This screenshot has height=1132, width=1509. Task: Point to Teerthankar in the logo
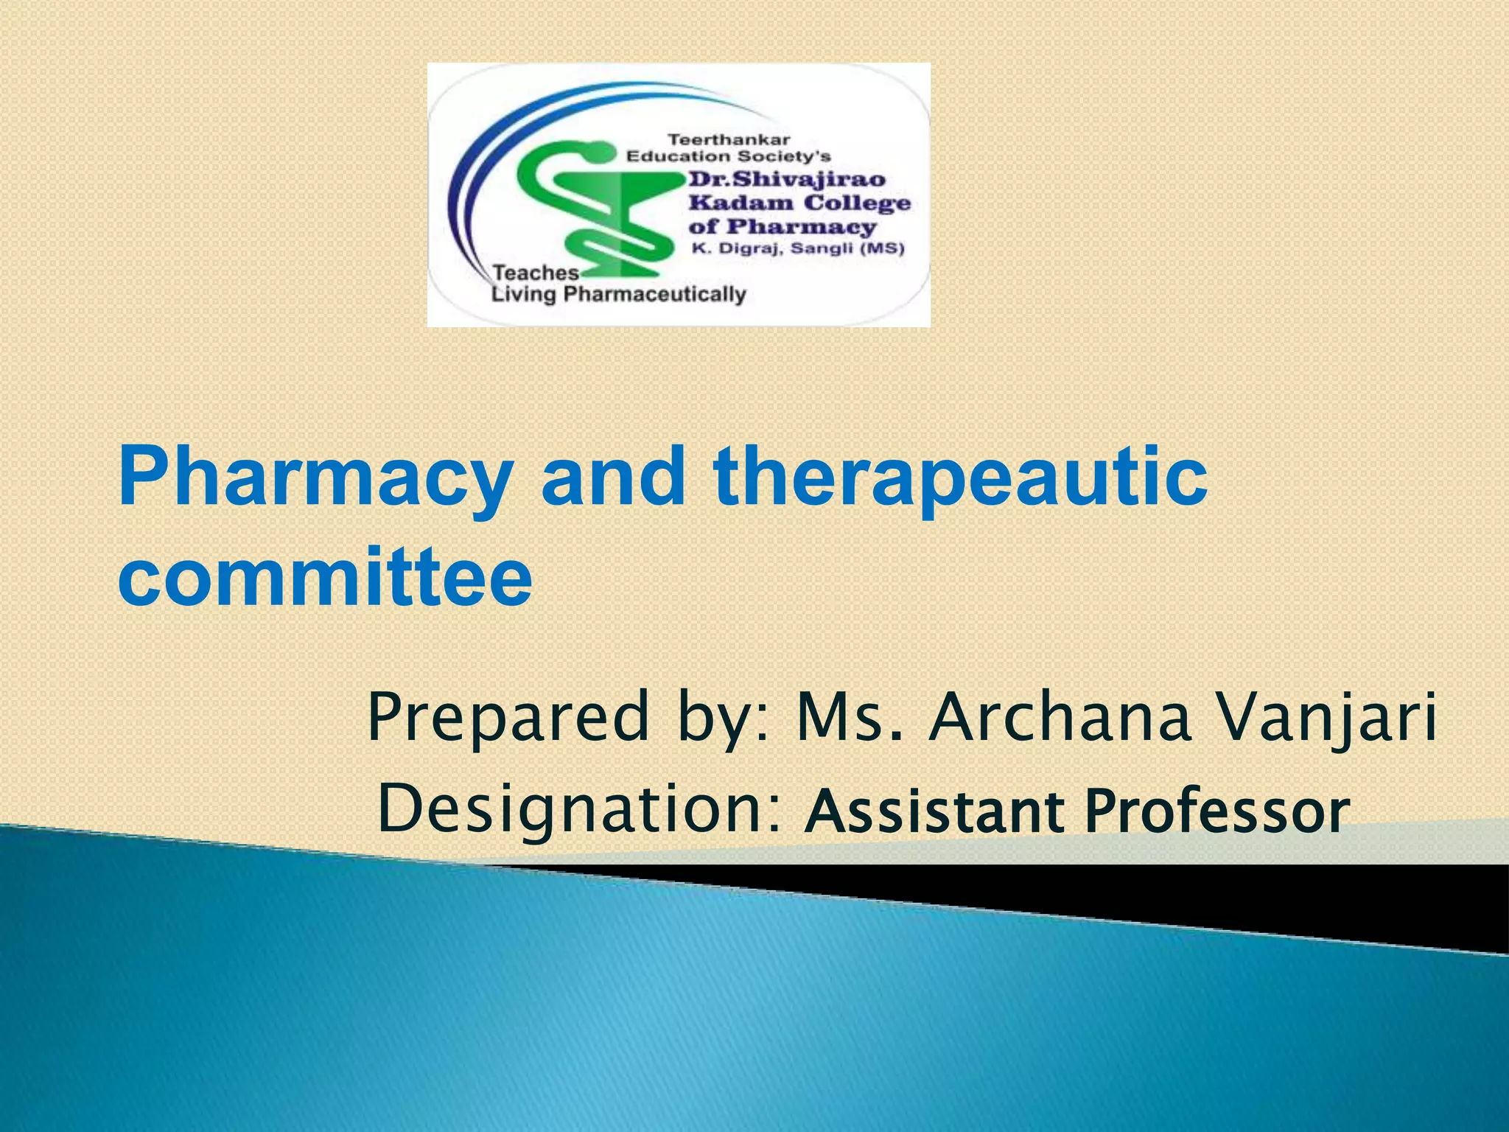tap(728, 139)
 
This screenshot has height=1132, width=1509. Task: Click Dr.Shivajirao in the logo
tap(787, 179)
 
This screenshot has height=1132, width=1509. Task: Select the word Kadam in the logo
tap(741, 203)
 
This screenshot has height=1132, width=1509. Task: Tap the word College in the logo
tap(857, 203)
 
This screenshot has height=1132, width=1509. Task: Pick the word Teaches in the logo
tap(536, 273)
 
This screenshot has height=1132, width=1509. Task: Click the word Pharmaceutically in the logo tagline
tap(654, 295)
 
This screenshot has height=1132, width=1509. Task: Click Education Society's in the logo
tap(728, 156)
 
